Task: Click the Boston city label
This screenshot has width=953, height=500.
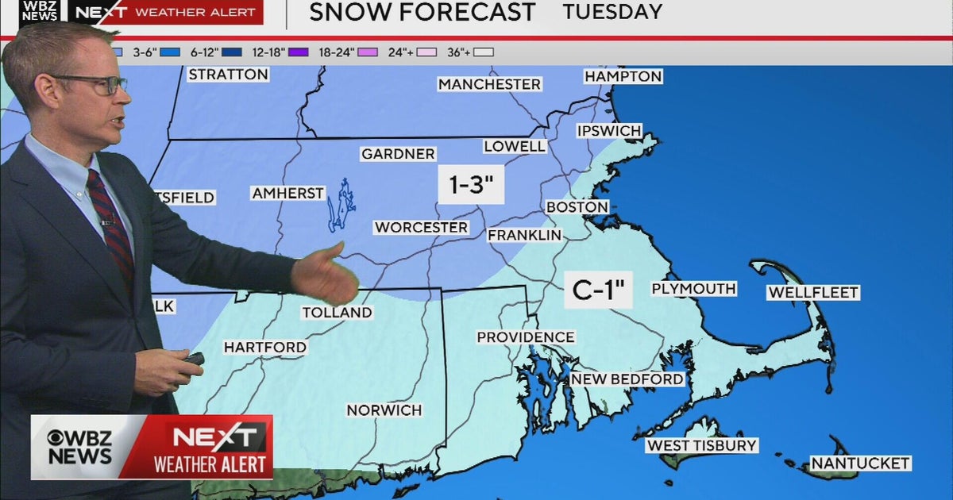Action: (x=577, y=207)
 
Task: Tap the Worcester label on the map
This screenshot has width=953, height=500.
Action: (x=421, y=228)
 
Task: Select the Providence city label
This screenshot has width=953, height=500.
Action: (x=525, y=337)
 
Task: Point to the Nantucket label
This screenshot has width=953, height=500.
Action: (x=859, y=463)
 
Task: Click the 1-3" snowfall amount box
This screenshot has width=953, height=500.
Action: (x=472, y=185)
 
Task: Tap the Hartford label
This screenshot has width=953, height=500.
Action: (x=264, y=348)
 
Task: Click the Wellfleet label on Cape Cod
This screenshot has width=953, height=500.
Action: (x=812, y=293)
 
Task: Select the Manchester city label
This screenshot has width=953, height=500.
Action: (x=489, y=84)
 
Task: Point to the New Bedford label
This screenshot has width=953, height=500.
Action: (x=627, y=379)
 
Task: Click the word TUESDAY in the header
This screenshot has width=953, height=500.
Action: (x=612, y=12)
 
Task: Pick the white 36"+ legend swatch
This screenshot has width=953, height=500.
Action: (x=484, y=52)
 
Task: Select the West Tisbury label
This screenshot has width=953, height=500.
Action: (x=701, y=445)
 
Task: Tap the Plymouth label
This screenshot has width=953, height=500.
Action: (x=693, y=289)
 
